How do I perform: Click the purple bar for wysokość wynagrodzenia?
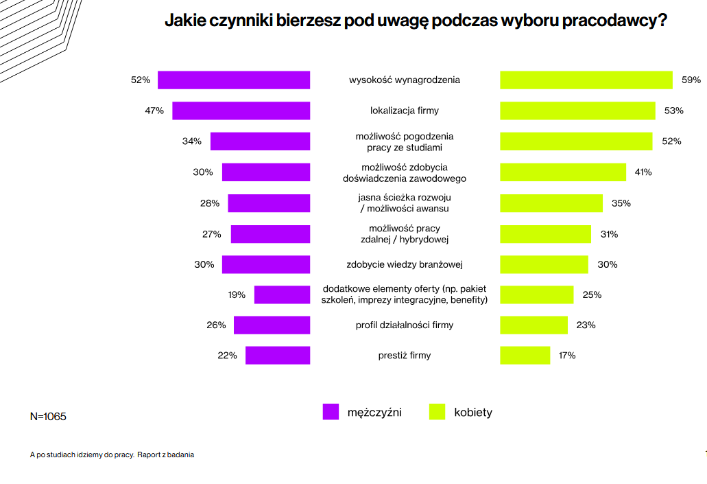[234, 80]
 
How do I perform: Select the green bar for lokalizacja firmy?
[577, 111]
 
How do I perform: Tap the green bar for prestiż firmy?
[525, 356]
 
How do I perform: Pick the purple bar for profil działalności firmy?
[272, 325]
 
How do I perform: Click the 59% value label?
[691, 80]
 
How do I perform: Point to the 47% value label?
[154, 111]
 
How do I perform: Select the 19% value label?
[237, 295]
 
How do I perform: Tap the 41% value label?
[643, 172]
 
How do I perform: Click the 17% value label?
[567, 356]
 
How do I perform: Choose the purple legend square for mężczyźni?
[331, 412]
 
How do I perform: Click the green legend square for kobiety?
[437, 412]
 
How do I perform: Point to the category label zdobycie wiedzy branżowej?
[405, 264]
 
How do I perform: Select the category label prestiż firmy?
[405, 356]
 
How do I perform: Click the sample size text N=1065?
[49, 417]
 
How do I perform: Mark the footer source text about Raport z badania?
[112, 454]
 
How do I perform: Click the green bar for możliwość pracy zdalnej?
[545, 234]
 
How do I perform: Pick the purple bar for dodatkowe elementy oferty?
[282, 295]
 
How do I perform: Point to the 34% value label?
[192, 141]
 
